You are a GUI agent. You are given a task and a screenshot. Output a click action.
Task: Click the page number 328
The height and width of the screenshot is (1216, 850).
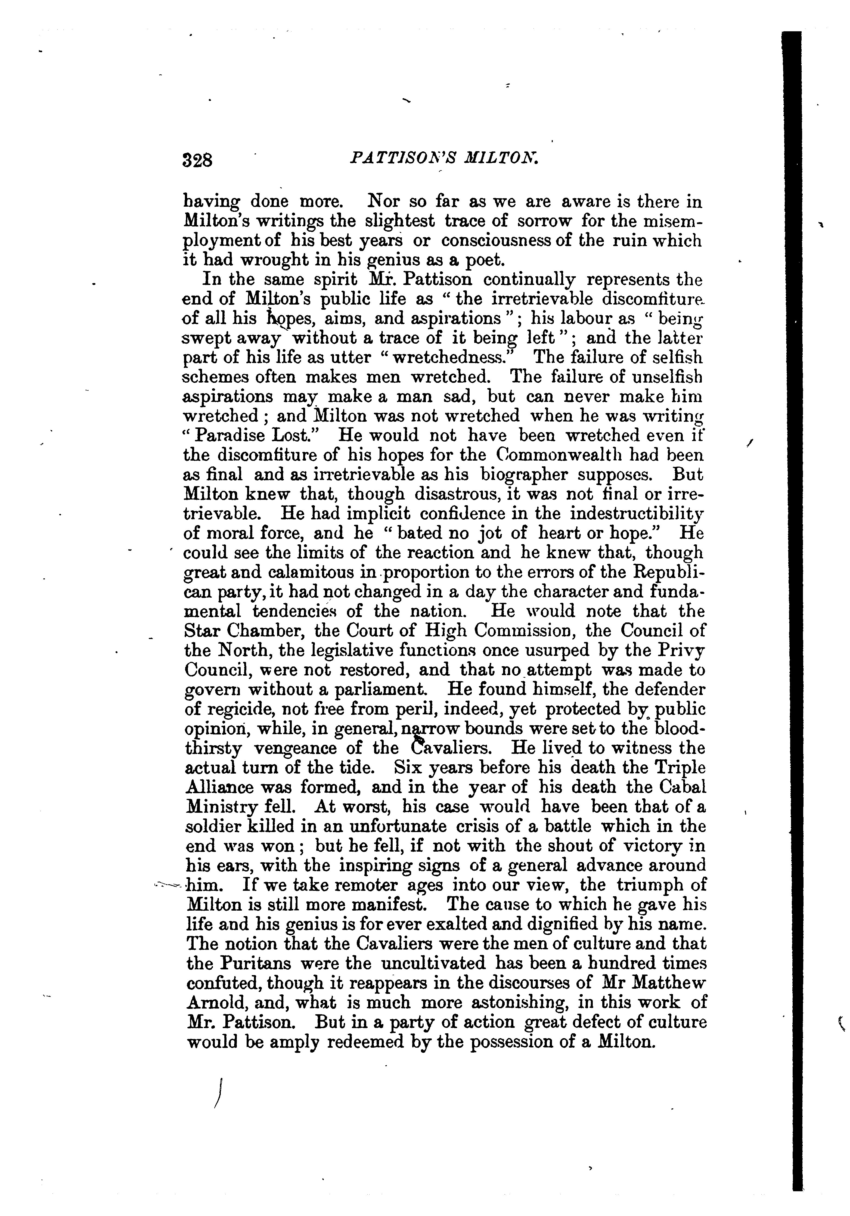pos(197,159)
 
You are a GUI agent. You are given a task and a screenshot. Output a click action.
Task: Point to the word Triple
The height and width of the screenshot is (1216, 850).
pos(680,767)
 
